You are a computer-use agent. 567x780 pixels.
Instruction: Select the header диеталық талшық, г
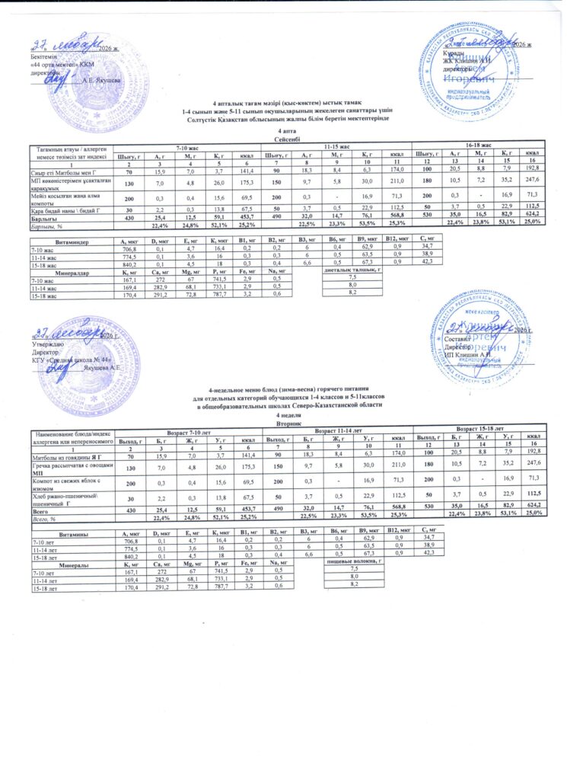[x=352, y=270]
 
